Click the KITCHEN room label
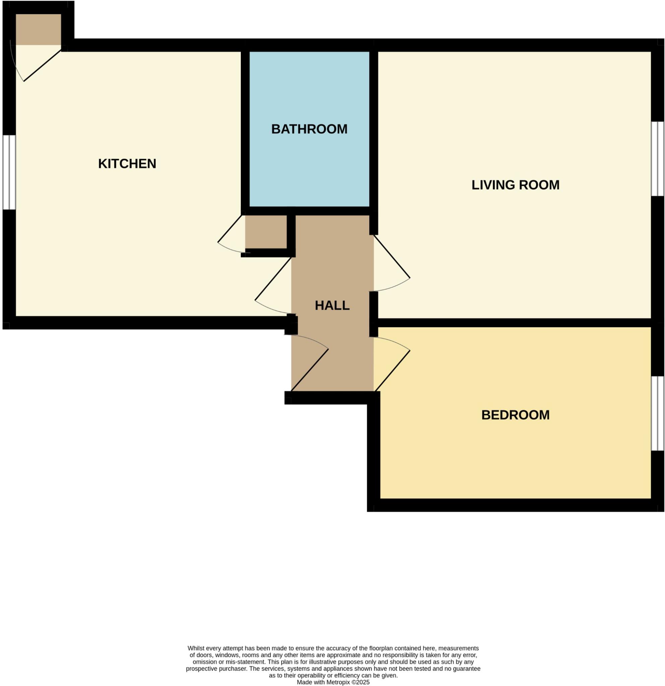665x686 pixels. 127,164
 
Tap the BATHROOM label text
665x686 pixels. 309,129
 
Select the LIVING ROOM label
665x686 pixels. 515,185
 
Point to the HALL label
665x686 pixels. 332,305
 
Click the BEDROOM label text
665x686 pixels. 515,415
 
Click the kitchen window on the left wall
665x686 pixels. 9,172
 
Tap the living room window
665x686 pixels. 657,158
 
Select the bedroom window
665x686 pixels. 657,413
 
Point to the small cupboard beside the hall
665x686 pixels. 266,232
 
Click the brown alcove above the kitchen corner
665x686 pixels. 39,29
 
